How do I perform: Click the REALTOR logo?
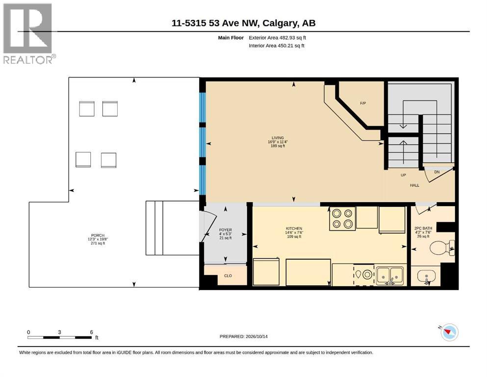[x=29, y=33]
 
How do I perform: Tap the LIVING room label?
[x=278, y=138]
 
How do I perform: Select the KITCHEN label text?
[x=293, y=228]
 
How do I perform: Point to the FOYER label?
[x=226, y=230]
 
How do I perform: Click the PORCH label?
[x=98, y=236]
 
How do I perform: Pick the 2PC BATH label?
[x=423, y=228]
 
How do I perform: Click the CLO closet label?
[x=228, y=276]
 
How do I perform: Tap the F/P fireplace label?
[x=363, y=103]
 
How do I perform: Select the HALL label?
[x=414, y=185]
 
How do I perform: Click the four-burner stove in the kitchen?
[x=342, y=218]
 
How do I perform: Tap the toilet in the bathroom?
[x=442, y=247]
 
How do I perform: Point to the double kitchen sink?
[x=390, y=275]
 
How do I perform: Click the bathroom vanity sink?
[x=427, y=276]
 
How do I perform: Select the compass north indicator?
[x=449, y=332]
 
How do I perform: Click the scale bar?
[x=59, y=337]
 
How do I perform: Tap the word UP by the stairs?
[x=403, y=175]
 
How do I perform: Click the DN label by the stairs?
[x=436, y=172]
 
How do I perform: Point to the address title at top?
[x=243, y=23]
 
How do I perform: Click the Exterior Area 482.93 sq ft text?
[x=278, y=38]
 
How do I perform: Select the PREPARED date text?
[x=243, y=336]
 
